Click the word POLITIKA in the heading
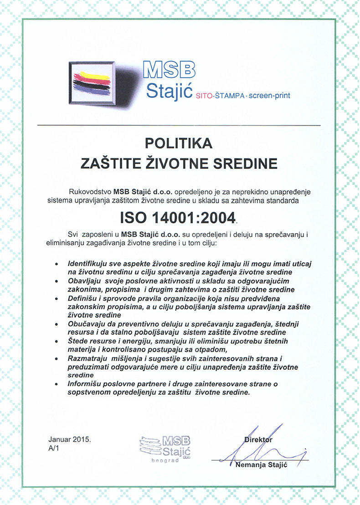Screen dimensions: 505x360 (x=179, y=143)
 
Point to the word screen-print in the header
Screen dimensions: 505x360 (x=270, y=96)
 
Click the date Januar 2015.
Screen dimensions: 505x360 (x=70, y=440)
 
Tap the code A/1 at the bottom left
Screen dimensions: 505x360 (x=54, y=449)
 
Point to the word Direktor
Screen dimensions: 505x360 (x=258, y=440)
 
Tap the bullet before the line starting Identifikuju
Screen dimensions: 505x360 (x=56, y=264)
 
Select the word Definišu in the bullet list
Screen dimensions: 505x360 (x=81, y=298)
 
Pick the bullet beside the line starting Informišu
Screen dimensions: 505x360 (x=56, y=384)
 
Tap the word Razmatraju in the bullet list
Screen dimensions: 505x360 (x=85, y=358)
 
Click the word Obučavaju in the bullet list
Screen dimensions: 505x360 (x=84, y=324)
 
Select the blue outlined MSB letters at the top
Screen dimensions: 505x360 (x=169, y=70)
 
